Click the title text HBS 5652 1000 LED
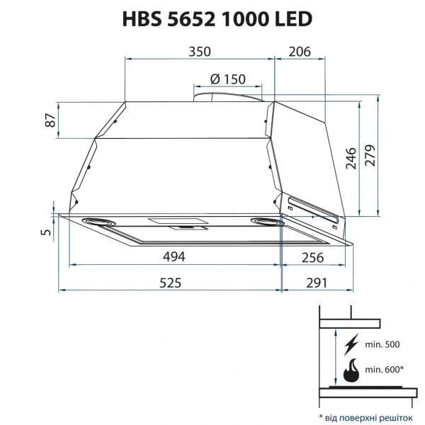coord(213,19)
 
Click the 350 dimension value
coord(200,52)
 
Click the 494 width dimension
coord(170,256)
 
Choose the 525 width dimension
coord(170,283)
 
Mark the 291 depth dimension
coord(316,283)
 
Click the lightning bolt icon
coord(351,346)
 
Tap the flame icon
coord(351,370)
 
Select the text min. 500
coord(382,345)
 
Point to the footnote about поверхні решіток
coord(365,412)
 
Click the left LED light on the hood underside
coord(101,222)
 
